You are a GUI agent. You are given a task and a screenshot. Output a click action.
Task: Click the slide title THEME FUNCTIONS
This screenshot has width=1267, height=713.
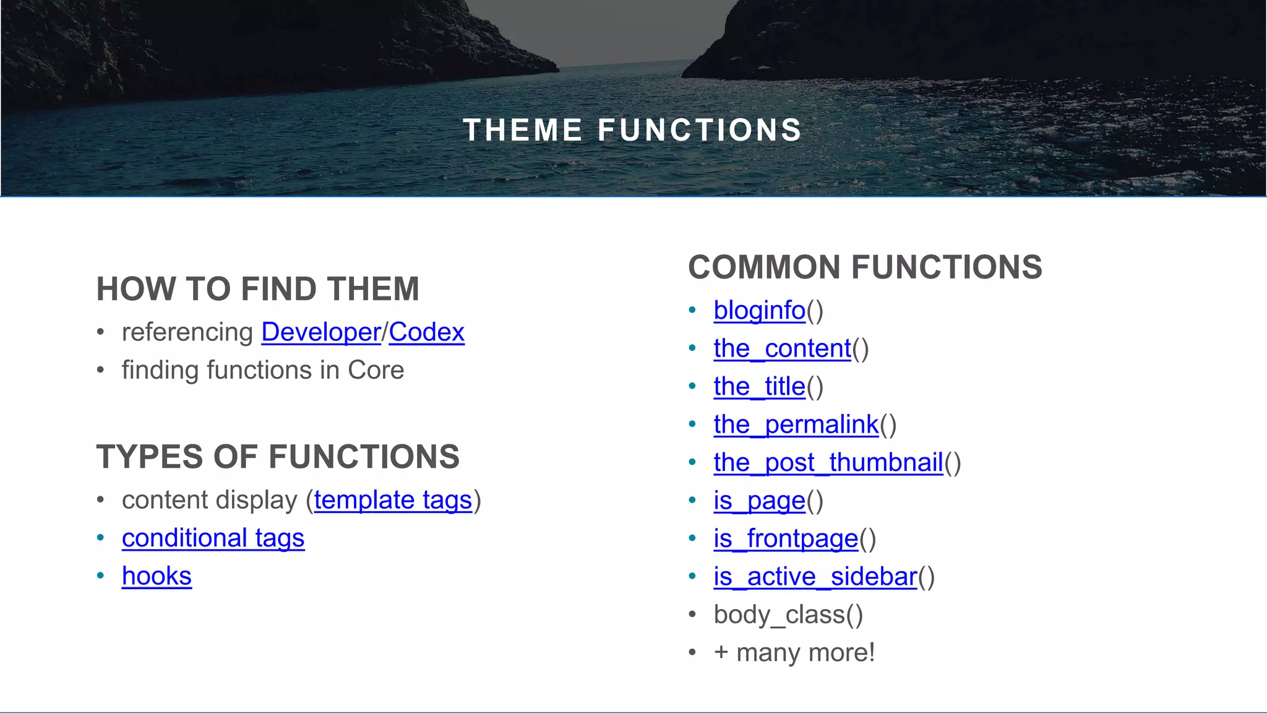tap(632, 131)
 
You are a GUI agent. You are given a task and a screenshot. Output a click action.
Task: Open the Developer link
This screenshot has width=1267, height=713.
tap(320, 332)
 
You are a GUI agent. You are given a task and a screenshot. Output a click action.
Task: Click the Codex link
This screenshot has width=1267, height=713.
tap(426, 332)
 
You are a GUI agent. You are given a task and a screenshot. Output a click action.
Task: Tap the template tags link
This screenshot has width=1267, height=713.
tap(393, 500)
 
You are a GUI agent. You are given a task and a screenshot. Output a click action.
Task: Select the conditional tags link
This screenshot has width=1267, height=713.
tap(213, 538)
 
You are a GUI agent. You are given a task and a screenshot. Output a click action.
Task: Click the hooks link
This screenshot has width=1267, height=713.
tap(157, 576)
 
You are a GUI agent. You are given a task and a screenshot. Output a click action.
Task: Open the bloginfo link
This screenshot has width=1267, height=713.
tap(759, 311)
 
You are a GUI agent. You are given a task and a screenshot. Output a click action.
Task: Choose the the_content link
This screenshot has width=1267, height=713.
tap(782, 348)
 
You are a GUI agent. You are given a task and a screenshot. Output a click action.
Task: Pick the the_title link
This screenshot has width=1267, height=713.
tap(759, 387)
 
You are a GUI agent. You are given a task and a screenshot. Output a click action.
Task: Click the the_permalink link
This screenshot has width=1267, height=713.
tap(796, 425)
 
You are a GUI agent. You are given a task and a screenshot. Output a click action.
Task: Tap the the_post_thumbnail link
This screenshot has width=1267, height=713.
tap(828, 462)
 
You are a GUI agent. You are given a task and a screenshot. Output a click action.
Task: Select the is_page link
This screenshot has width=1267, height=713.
tap(759, 501)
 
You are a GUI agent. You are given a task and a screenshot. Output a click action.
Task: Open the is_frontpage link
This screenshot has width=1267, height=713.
tap(786, 538)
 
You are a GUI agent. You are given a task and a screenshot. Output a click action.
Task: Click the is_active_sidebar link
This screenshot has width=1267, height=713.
tap(815, 577)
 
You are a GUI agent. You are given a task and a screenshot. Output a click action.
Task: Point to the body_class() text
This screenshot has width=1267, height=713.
tap(788, 615)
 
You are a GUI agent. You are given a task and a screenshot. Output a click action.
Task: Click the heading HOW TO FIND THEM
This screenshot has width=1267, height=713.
tap(258, 289)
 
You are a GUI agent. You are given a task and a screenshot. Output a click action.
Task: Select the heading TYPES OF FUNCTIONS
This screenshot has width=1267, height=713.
tap(278, 457)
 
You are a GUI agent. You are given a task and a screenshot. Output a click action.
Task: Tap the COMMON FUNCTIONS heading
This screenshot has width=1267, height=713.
tap(865, 267)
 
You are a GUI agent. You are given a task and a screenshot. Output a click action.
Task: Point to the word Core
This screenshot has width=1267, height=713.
tap(376, 370)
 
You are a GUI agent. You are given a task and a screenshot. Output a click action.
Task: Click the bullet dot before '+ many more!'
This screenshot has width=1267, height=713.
tap(692, 652)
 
